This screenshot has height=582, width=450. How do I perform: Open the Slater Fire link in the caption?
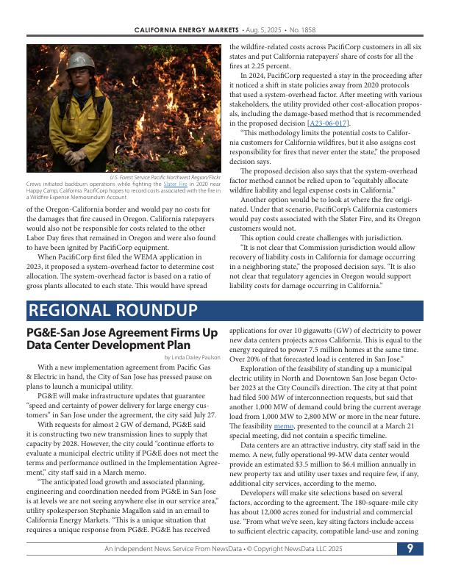[x=174, y=184]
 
